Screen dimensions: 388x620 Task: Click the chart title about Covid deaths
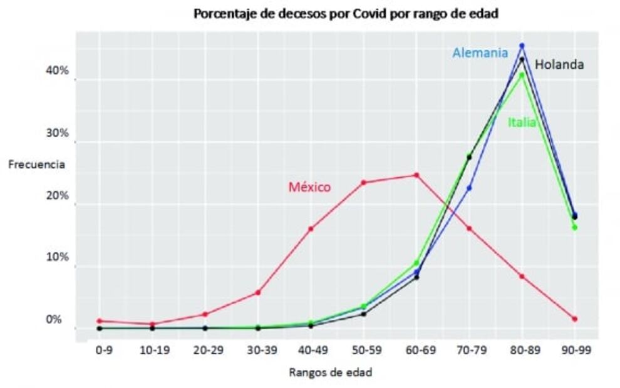(x=346, y=14)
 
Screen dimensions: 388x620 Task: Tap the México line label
(x=309, y=186)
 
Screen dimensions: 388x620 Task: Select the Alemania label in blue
(x=480, y=53)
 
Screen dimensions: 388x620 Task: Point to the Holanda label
(x=559, y=64)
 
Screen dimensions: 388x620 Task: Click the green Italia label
(x=522, y=123)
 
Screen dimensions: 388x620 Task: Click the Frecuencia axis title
(x=36, y=165)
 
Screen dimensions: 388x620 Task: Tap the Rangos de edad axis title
(x=330, y=372)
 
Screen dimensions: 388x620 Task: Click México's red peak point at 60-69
(x=416, y=175)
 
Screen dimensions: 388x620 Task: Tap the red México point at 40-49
(x=311, y=229)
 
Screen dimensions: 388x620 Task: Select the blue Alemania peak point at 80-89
(x=522, y=46)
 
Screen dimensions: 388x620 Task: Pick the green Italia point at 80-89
(x=522, y=75)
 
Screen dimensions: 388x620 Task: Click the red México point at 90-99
(x=574, y=319)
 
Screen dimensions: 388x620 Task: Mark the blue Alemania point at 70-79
(x=469, y=188)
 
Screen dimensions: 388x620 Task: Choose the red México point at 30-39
(x=258, y=293)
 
